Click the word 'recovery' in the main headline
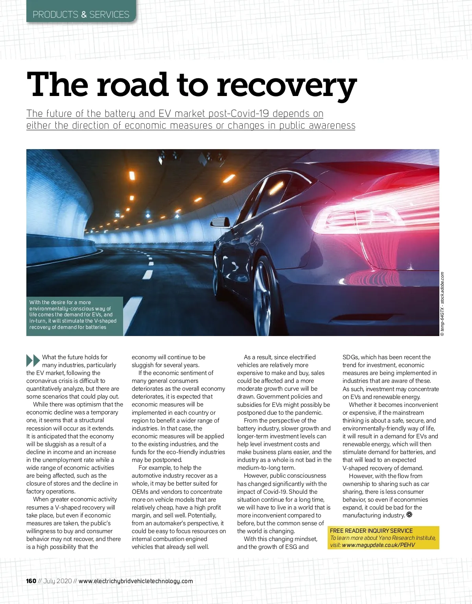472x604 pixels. click(x=286, y=86)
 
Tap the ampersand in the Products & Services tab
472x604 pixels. click(x=84, y=15)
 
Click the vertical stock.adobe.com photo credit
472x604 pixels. click(x=442, y=303)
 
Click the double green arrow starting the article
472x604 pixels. click(x=33, y=360)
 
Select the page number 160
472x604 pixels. click(x=31, y=581)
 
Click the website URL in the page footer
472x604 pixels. click(x=136, y=581)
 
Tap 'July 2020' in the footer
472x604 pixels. click(x=58, y=581)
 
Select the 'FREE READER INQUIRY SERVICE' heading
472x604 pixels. click(x=371, y=531)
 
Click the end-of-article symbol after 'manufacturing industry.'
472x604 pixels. click(x=409, y=515)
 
